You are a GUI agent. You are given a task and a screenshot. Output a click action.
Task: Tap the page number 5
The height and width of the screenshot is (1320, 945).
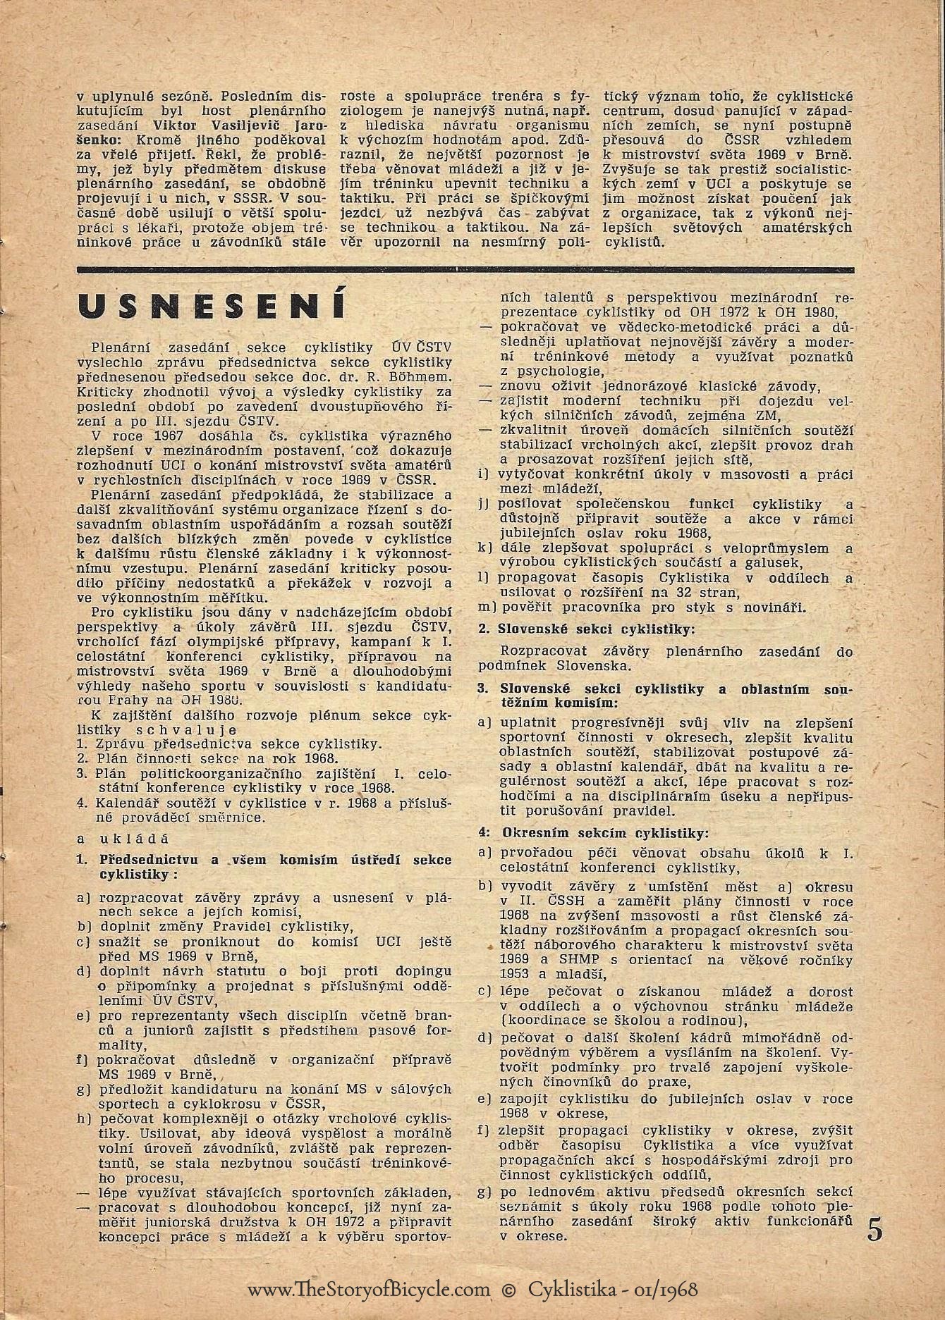(x=874, y=1228)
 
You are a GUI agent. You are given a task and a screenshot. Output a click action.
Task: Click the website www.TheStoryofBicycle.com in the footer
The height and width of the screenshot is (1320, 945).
(x=368, y=1289)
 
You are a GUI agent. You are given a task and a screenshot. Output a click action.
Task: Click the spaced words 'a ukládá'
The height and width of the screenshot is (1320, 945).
(x=124, y=839)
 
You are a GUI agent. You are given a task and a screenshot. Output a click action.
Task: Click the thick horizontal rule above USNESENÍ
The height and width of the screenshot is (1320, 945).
(x=465, y=269)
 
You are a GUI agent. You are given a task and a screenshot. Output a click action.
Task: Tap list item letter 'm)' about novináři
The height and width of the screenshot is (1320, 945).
(x=487, y=607)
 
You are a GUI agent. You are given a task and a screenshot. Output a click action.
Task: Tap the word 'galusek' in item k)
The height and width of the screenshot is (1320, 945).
(x=778, y=562)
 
